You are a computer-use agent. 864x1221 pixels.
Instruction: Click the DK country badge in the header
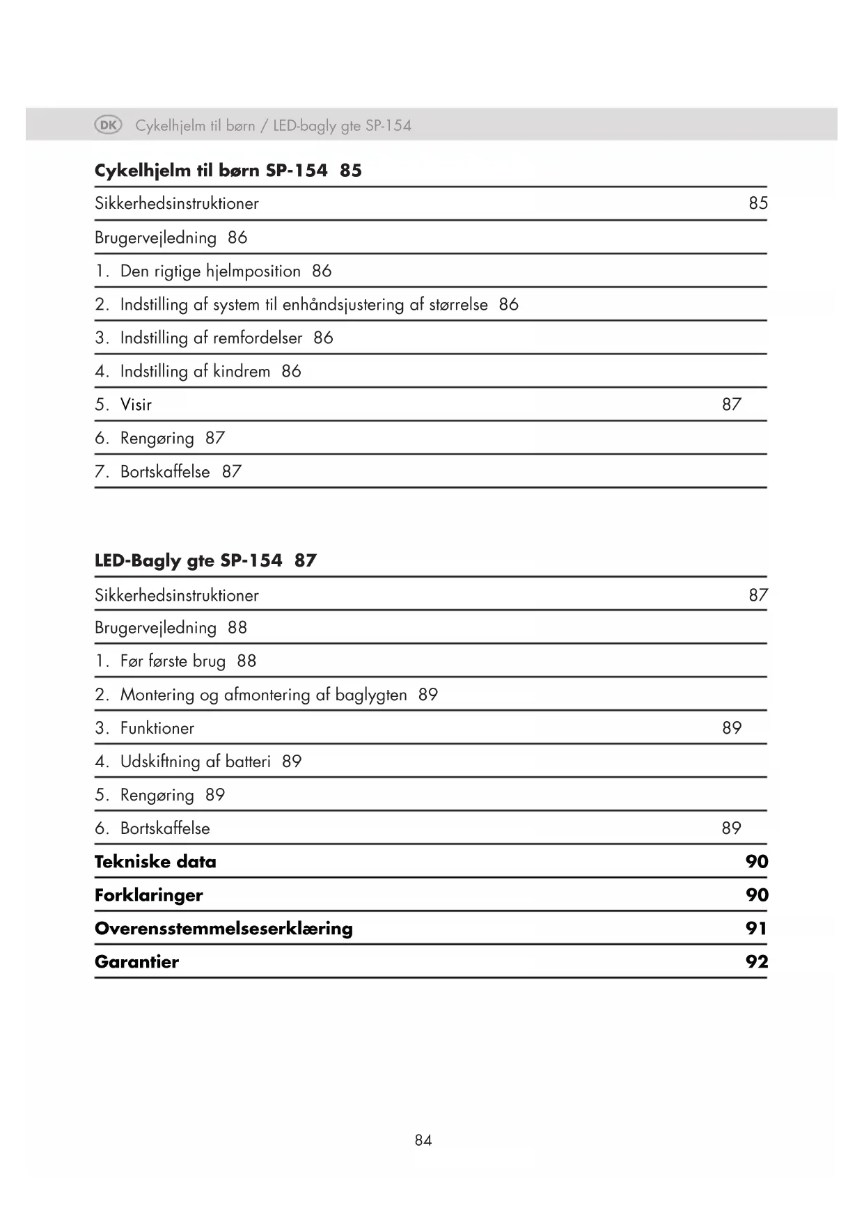[x=108, y=125]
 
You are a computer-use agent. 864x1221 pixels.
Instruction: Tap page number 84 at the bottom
[x=423, y=1140]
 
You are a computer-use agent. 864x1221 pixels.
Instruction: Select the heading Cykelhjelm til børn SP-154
[x=211, y=171]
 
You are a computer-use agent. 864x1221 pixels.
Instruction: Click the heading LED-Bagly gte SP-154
[x=189, y=560]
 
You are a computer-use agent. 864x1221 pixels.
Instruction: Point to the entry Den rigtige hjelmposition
[x=210, y=271]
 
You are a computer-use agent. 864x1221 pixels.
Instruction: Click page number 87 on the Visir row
[x=732, y=404]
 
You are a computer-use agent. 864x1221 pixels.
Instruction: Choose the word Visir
[x=136, y=404]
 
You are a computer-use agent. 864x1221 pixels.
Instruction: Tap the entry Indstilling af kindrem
[x=195, y=371]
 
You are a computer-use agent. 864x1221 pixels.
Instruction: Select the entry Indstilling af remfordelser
[x=211, y=338]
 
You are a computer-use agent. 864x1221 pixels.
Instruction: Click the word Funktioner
[x=157, y=728]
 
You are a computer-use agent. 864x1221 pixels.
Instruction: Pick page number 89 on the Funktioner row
[x=732, y=728]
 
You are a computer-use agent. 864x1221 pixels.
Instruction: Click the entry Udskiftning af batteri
[x=195, y=762]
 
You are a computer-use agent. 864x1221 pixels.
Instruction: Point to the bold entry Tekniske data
[x=155, y=862]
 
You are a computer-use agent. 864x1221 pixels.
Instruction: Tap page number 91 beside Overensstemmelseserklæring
[x=756, y=929]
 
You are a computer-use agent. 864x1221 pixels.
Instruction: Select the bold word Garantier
[x=136, y=962]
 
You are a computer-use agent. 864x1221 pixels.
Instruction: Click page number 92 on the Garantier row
[x=757, y=962]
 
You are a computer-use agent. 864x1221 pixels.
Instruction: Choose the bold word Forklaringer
[x=149, y=895]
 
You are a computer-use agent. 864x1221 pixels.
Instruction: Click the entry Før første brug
[x=173, y=661]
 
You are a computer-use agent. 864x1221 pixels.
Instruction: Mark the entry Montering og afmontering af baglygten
[x=263, y=695]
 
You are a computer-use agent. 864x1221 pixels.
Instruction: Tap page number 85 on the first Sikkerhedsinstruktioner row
[x=758, y=203]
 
